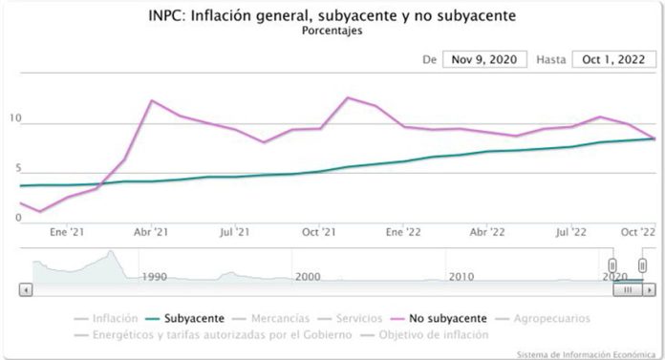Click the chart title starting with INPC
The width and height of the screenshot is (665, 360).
332,15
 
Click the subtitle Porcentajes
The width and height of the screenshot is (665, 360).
332,31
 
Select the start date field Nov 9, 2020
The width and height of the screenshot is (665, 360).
484,59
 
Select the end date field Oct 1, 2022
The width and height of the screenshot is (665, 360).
613,59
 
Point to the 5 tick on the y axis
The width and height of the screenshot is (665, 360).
14,170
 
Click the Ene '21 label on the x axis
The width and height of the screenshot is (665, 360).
67,231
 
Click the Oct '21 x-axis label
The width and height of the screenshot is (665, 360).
318,231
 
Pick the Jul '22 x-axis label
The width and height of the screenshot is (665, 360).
570,231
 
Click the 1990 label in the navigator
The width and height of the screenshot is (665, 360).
154,276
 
